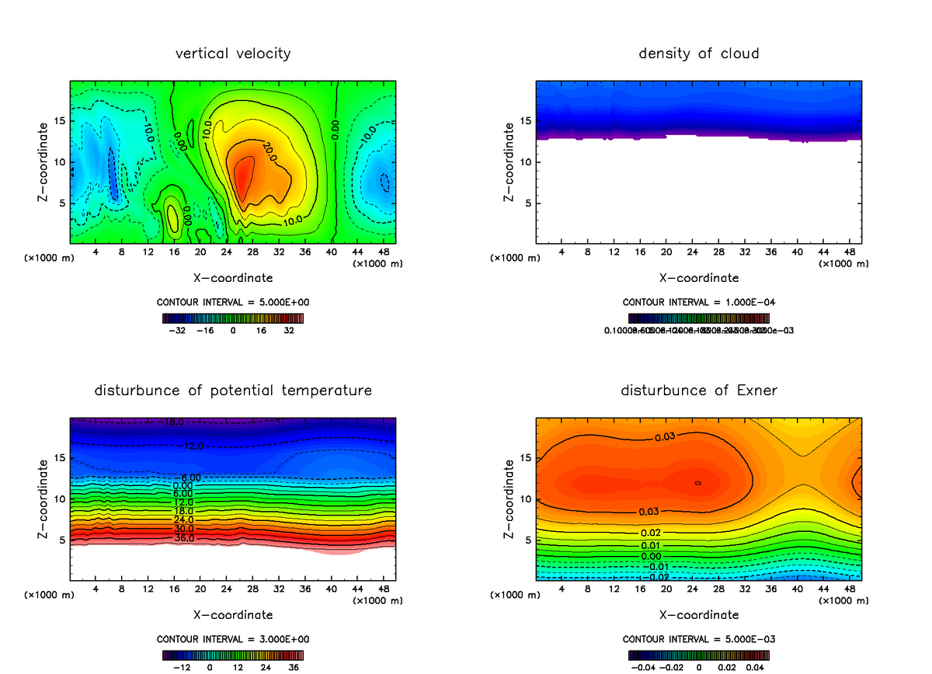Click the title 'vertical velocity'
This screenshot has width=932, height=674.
pos(233,54)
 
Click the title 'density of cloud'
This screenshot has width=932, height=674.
pos(698,54)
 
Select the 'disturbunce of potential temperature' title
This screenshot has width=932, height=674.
pos(233,390)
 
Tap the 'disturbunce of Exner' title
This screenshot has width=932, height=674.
pos(698,390)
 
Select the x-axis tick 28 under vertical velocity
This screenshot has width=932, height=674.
pos(253,252)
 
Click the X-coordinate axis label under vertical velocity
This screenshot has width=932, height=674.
pos(233,277)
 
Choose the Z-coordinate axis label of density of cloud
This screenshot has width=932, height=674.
pos(509,162)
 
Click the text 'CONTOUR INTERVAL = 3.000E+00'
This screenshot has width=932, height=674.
pos(234,639)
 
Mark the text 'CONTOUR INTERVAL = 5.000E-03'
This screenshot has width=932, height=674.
pos(699,639)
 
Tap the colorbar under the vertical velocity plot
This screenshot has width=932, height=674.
pos(233,318)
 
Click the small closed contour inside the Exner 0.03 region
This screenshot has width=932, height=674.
pos(697,483)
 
